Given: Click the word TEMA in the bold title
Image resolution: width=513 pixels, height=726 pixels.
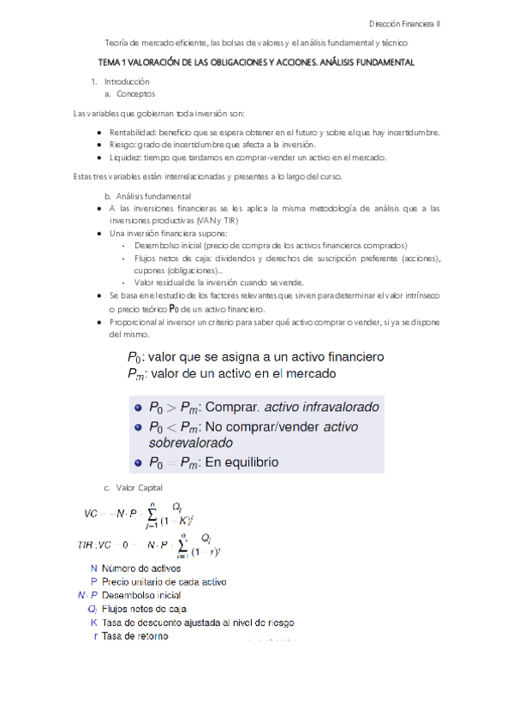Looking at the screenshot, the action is coord(110,62).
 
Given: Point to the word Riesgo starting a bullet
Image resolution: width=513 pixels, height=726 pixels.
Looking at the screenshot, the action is coord(123,145).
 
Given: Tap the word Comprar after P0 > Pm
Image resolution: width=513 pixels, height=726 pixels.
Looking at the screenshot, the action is coord(233,408).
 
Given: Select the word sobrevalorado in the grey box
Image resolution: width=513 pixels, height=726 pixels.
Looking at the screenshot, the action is coord(190,443).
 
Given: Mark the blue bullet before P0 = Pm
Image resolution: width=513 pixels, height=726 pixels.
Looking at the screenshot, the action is coord(136,463).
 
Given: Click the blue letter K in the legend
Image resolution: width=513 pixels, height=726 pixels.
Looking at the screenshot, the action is coord(93,623).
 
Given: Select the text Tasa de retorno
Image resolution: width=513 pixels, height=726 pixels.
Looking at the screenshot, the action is coord(134,637).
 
